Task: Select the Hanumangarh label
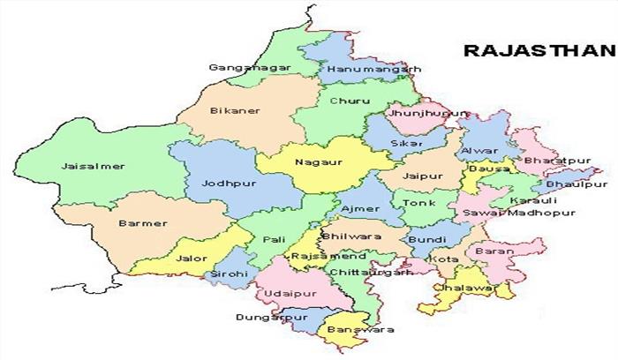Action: pos(360,68)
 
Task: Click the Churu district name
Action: pos(343,101)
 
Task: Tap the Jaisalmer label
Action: pos(93,166)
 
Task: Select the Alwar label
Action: pos(473,151)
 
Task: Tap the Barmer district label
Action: pos(143,223)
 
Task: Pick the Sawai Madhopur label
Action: pos(531,213)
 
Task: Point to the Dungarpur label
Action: pos(263,316)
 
